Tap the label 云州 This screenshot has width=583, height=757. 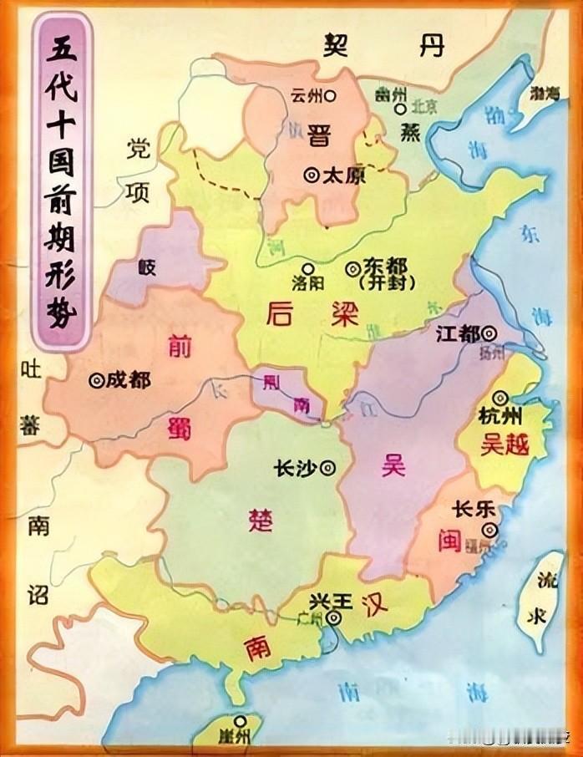click(306, 96)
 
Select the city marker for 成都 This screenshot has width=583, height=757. click(96, 380)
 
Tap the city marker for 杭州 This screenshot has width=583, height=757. click(501, 398)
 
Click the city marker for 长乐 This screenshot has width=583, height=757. click(493, 528)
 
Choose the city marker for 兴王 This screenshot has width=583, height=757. click(333, 618)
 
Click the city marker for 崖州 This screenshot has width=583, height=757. click(241, 720)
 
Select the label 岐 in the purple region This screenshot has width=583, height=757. click(148, 267)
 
